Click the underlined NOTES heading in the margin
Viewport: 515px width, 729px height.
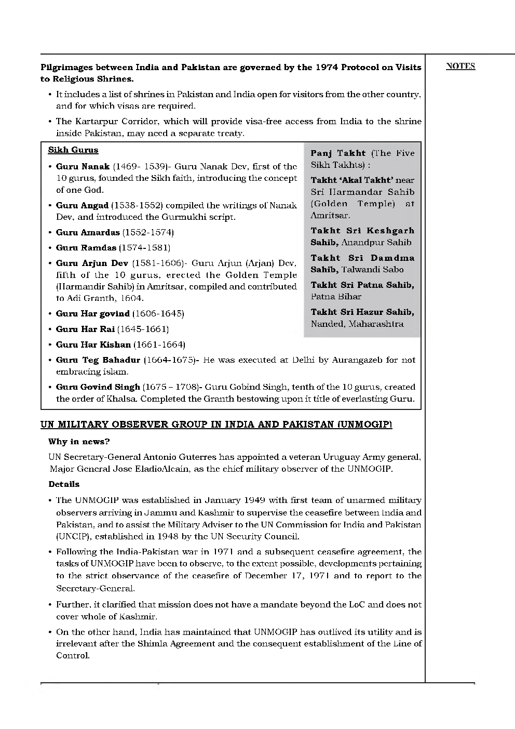[x=460, y=66]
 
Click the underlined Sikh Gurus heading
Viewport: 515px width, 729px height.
[x=73, y=150]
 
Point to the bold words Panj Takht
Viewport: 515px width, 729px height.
[x=338, y=153]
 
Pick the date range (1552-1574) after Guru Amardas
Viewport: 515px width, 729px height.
[x=148, y=232]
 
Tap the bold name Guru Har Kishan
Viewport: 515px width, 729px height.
[x=93, y=344]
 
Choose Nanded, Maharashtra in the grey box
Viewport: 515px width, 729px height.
[x=357, y=324]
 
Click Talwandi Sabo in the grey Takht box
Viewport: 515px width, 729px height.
[x=372, y=270]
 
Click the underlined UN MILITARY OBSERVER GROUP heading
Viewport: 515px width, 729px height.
[x=216, y=425]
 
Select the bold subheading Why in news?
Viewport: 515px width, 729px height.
[x=79, y=442]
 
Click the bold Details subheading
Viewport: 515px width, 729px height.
[x=64, y=484]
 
